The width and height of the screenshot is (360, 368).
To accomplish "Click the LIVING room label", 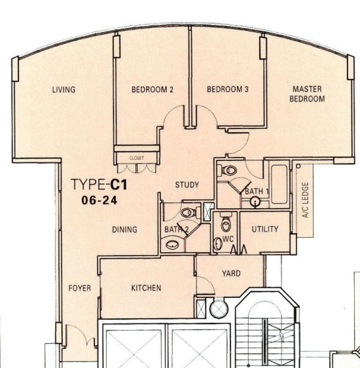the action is coord(63,90).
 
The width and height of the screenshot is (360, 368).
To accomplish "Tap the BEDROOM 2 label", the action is coord(153,90).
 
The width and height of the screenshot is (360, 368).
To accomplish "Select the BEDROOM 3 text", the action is coord(228,89).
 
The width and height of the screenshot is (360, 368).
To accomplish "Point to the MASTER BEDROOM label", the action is coord(307,94).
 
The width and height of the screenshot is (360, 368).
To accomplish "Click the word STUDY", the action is coord(187,185).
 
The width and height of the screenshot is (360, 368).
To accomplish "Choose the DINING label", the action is coord(124,230).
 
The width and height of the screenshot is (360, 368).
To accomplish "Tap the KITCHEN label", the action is coord(146,288).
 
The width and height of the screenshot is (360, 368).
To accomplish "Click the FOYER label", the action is coord(80,288).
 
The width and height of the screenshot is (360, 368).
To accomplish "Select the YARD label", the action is coord(231,274).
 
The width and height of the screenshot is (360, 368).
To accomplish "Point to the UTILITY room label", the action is coord(265,229).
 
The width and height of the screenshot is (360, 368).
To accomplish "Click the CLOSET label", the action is coord(137,158).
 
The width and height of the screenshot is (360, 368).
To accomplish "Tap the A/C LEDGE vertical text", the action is coord(305,200).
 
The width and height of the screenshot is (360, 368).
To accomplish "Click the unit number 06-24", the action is coord(99,200).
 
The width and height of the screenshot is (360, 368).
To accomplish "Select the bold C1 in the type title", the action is coord(119,185).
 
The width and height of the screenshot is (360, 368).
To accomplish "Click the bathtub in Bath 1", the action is coord(279,184).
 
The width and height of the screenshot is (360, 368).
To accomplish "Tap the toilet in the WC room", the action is coord(226,222).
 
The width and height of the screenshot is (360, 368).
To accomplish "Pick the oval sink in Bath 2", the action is coord(172,245).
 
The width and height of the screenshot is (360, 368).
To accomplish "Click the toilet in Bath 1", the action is coord(227,170).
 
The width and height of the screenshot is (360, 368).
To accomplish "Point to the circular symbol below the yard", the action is coord(219,308).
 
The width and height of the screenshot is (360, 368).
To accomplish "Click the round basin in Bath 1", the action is coord(255,202).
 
